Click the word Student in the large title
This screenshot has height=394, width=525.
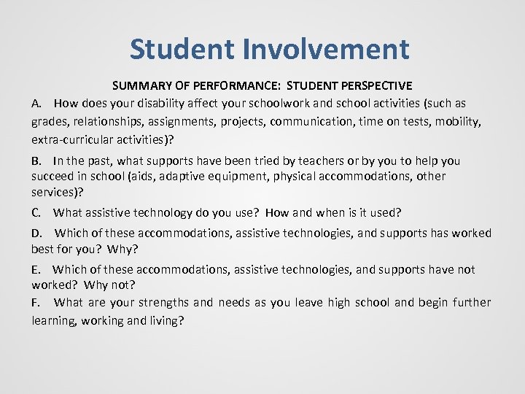click(183, 50)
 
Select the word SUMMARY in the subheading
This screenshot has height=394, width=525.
click(140, 86)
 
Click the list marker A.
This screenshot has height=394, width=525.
click(36, 104)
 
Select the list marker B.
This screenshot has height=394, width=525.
click(36, 161)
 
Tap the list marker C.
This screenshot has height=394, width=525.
click(36, 213)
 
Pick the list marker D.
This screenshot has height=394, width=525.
click(36, 233)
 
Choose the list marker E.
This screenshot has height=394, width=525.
click(36, 270)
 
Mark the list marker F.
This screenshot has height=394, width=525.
click(36, 303)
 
